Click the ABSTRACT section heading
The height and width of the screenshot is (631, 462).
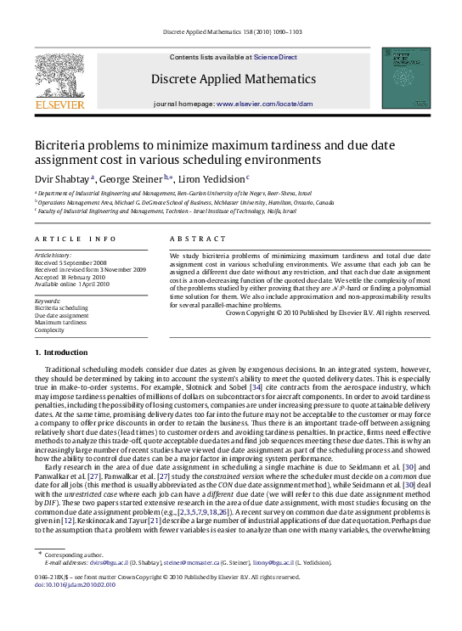click(192, 239)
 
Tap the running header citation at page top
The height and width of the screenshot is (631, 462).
click(231, 33)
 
